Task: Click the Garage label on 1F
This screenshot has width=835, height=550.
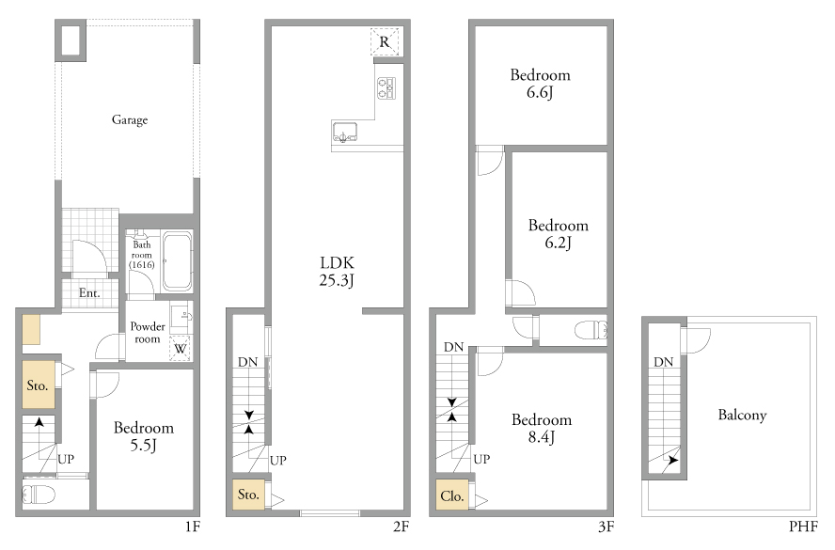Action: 130,119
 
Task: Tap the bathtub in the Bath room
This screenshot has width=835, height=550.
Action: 177,260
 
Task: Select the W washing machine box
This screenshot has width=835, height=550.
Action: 180,348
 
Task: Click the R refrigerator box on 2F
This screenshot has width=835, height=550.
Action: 385,41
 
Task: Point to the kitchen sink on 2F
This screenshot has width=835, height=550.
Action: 345,132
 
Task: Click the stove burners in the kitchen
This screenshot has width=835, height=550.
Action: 386,87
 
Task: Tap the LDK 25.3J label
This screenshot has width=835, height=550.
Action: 337,271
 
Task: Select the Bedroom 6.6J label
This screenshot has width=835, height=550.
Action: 540,84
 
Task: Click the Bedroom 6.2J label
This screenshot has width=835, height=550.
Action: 559,234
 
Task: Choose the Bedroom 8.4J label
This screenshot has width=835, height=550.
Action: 542,428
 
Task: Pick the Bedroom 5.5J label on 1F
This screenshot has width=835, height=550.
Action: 144,436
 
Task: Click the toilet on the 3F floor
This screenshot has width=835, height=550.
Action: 591,330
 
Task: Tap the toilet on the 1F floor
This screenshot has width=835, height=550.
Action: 39,495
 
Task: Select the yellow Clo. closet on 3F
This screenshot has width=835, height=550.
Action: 452,495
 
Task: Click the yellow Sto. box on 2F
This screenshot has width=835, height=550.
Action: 248,495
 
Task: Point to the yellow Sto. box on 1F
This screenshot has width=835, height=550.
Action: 39,385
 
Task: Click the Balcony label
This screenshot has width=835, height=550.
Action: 742,415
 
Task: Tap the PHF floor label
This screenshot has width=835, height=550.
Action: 803,526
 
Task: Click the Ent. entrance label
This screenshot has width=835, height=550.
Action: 89,292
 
